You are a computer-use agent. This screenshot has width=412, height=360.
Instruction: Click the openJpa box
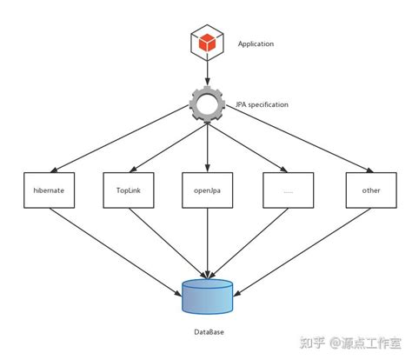click(x=207, y=190)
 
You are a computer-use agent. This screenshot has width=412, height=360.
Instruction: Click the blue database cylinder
click(x=207, y=296)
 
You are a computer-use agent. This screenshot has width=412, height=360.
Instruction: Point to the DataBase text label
click(x=207, y=333)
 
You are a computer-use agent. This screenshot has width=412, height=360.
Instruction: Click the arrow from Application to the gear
click(x=207, y=74)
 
